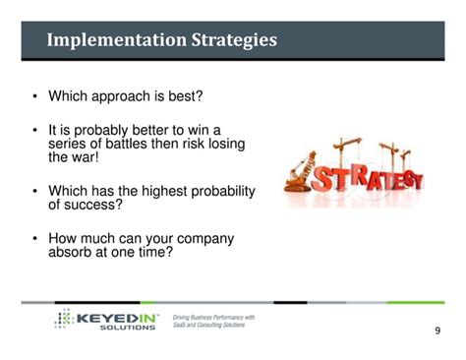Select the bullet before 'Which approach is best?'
point(35,96)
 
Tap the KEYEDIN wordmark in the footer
point(117,317)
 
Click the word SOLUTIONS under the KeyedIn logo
point(127,328)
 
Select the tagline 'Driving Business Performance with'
point(213,317)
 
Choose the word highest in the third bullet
point(166,191)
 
